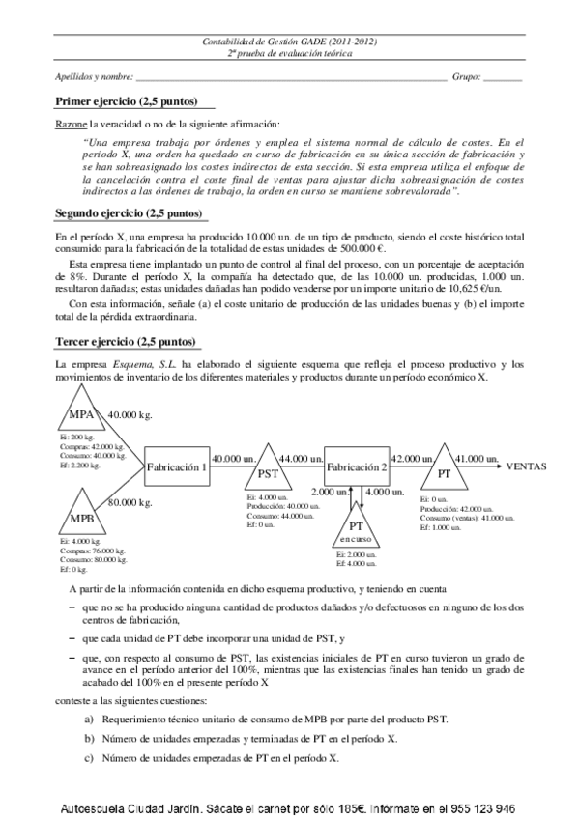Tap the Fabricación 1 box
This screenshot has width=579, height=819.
[177, 466]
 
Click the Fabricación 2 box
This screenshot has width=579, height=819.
[357, 466]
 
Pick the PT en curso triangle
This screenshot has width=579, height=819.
[356, 529]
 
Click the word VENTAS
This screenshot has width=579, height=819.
[527, 466]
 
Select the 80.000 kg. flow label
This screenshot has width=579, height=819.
[130, 502]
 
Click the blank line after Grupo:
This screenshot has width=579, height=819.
[502, 76]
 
